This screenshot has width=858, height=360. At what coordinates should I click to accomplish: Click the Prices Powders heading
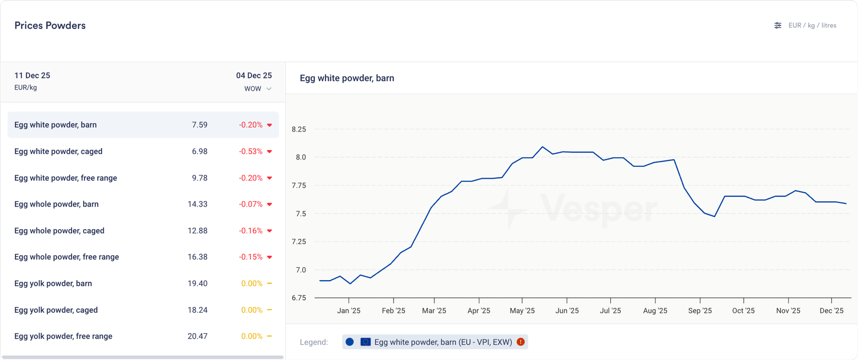(50, 26)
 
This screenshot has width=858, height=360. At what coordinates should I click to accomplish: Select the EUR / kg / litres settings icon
(778, 25)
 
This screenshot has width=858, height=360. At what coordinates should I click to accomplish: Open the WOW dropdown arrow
(269, 89)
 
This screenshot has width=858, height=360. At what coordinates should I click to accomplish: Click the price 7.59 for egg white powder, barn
(199, 125)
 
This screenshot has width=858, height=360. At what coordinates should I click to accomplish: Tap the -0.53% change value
(250, 152)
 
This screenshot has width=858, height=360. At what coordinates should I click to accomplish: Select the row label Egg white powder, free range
(65, 178)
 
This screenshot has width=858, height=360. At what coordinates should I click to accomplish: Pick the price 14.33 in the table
(197, 204)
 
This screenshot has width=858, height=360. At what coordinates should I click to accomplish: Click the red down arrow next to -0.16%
(269, 231)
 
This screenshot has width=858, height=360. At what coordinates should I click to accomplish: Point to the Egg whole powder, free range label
(66, 257)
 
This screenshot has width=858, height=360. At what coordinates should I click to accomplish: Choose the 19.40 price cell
(197, 283)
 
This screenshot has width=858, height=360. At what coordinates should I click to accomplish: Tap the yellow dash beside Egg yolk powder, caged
(269, 310)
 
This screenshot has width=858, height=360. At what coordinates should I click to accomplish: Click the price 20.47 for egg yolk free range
(197, 336)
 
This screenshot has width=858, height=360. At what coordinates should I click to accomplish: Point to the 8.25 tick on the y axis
(299, 129)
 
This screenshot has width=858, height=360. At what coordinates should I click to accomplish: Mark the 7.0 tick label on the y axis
(300, 270)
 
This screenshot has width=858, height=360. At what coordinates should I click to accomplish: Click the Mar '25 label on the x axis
(434, 311)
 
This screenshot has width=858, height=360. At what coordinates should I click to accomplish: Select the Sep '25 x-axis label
(700, 311)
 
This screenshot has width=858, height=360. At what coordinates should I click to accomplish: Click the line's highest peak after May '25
(543, 146)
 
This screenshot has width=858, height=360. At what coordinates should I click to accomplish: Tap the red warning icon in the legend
(520, 342)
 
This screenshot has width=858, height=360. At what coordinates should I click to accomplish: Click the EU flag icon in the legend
(366, 342)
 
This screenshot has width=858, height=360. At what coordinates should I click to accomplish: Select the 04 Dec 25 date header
(254, 76)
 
